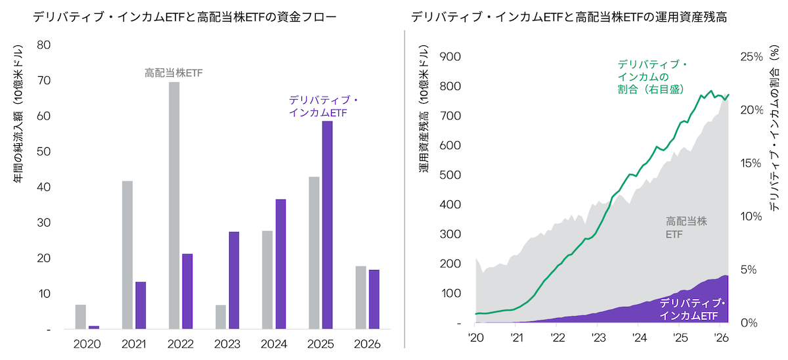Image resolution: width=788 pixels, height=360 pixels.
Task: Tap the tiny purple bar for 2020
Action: point(94,326)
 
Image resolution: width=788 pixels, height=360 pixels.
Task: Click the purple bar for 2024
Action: point(280,263)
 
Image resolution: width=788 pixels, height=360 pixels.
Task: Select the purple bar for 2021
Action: point(141,305)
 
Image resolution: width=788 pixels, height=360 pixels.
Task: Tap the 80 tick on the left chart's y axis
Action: point(44,45)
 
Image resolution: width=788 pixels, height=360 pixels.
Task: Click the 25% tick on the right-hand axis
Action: point(749,56)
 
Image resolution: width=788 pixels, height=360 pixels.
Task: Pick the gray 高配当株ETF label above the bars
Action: point(174,72)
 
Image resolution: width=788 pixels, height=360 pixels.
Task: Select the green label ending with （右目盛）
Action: point(651,76)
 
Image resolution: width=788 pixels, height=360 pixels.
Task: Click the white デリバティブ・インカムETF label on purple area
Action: point(693,309)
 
